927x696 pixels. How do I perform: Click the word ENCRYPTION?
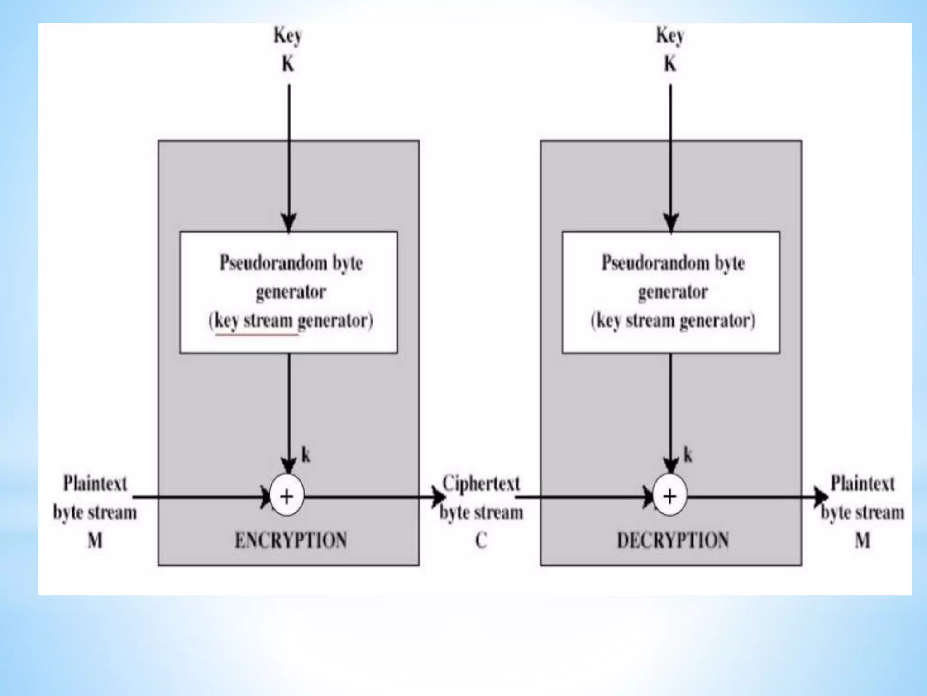tap(291, 540)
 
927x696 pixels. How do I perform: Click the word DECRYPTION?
tap(673, 540)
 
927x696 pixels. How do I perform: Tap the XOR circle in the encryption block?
tap(287, 497)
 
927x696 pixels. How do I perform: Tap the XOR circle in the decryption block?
tap(670, 497)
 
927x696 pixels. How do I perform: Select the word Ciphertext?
tap(481, 483)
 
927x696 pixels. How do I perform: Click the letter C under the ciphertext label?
tap(481, 540)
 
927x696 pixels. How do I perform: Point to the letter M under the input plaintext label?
tap(95, 540)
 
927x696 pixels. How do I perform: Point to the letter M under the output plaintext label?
tap(862, 540)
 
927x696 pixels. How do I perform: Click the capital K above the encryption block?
tap(288, 64)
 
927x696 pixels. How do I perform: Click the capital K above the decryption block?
tap(670, 64)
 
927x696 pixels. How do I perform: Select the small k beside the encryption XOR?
tap(306, 454)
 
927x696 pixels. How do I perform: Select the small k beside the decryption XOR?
tap(688, 454)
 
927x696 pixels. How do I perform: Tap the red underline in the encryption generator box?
tap(257, 335)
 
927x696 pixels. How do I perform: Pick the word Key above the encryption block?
tap(287, 36)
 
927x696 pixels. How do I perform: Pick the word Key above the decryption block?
tap(670, 36)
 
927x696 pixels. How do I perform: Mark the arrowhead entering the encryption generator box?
tap(289, 223)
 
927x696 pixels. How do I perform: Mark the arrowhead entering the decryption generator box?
tap(671, 223)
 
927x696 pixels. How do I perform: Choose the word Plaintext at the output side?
tap(863, 483)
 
